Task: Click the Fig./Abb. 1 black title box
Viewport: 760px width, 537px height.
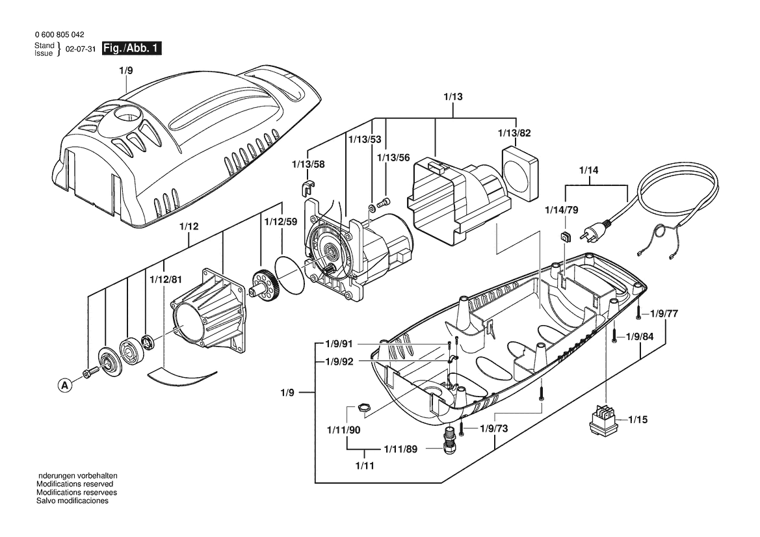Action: point(131,49)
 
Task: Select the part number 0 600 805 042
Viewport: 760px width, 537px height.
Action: point(60,35)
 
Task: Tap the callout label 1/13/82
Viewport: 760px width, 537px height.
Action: point(515,133)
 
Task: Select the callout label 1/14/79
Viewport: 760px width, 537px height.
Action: point(561,210)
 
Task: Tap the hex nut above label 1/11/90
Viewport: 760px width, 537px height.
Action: point(363,406)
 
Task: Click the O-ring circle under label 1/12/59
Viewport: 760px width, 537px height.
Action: point(291,274)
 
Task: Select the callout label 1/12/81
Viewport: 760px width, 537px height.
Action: point(166,280)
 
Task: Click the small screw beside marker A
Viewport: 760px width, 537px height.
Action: point(90,373)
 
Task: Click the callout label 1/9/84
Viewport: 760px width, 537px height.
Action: point(639,336)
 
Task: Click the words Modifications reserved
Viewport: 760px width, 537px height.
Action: point(75,484)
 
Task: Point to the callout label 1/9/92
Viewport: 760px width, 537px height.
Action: point(339,361)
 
